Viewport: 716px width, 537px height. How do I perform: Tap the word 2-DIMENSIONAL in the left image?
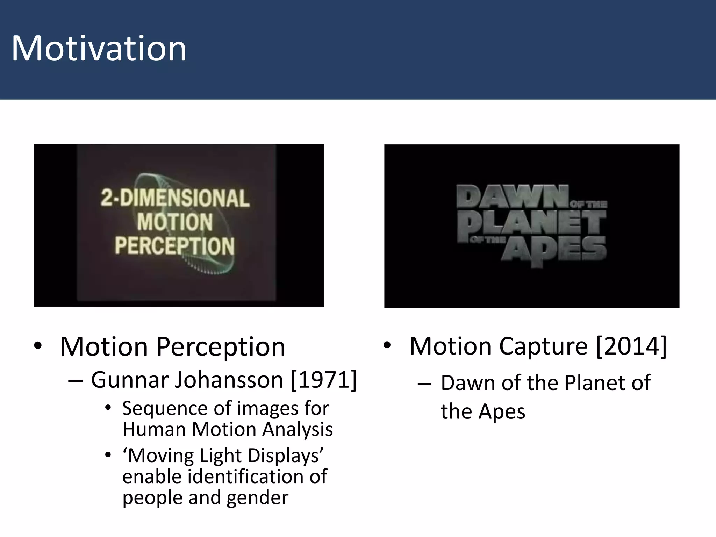(175, 198)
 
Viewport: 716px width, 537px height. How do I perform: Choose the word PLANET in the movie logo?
(531, 224)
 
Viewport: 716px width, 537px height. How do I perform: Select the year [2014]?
(631, 346)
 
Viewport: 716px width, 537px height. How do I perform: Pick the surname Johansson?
(229, 380)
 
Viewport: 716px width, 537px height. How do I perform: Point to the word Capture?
(544, 346)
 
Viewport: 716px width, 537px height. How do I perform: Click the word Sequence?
(165, 409)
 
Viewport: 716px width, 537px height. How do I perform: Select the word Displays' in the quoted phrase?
(285, 456)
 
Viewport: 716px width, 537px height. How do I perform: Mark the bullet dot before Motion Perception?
(38, 346)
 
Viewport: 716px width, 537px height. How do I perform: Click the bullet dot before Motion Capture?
(387, 345)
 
